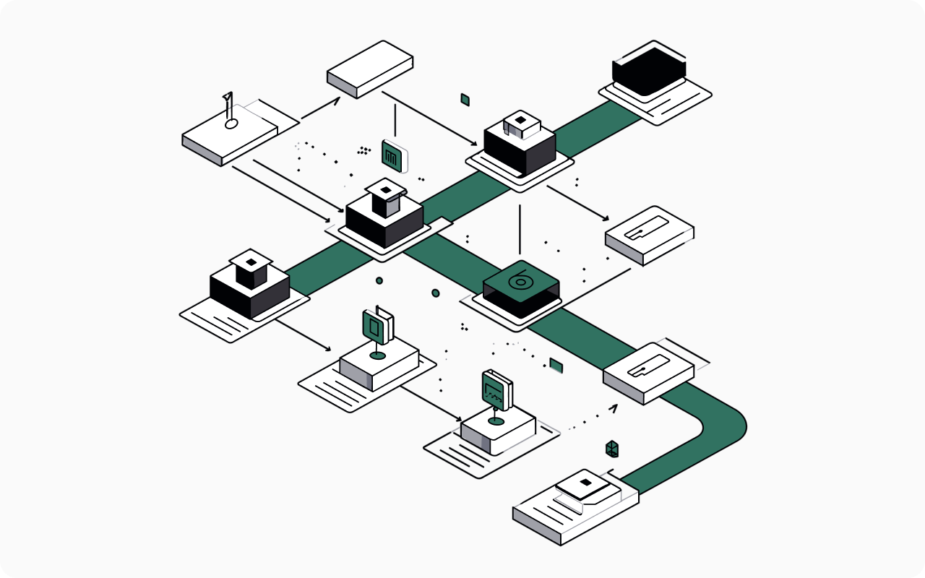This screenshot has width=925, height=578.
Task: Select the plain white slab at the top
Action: tap(370, 69)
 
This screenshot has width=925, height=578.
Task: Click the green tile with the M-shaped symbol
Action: tap(393, 157)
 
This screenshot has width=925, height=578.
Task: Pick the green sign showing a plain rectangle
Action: tap(375, 325)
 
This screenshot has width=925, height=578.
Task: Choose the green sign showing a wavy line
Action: tap(495, 390)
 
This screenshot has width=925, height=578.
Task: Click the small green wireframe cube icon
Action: tap(612, 449)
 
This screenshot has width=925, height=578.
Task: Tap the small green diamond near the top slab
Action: tap(465, 100)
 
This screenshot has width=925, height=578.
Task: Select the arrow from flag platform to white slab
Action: tap(321, 108)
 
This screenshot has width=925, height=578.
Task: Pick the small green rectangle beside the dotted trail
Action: tap(556, 365)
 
